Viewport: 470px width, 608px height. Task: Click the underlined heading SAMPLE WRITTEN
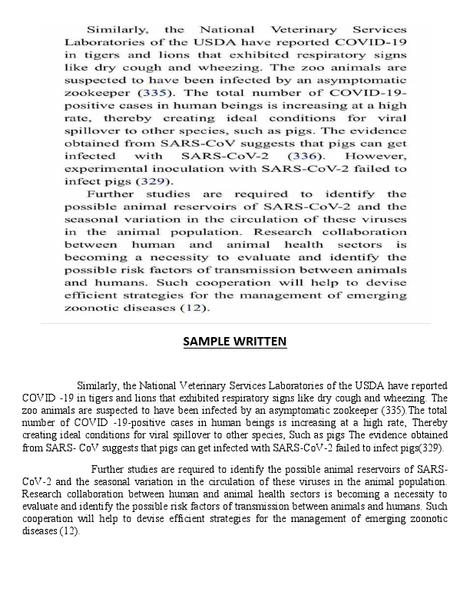tap(235, 342)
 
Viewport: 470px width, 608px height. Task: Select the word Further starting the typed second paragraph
tap(109, 469)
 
